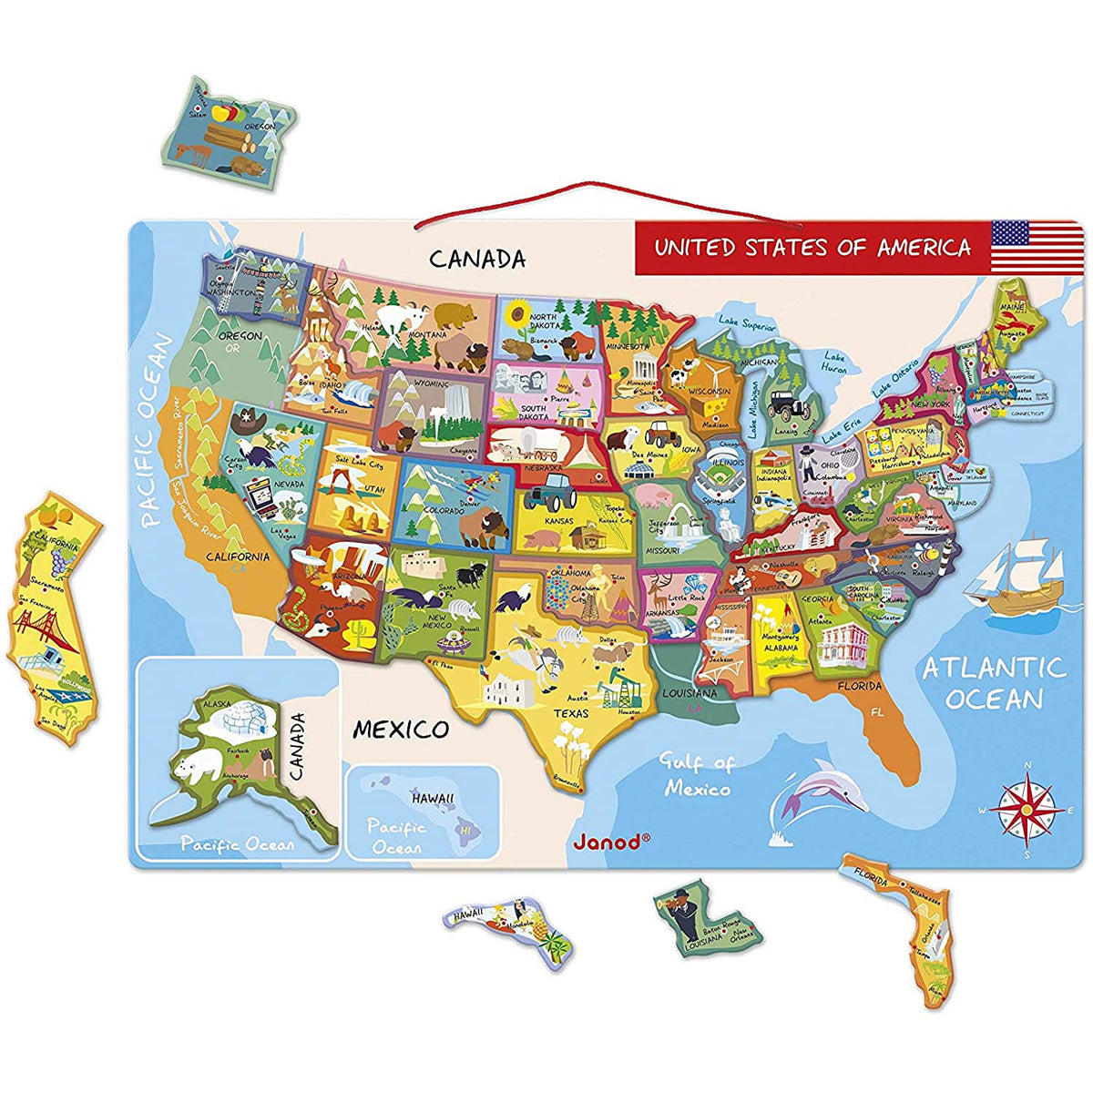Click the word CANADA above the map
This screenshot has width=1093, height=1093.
pos(477,259)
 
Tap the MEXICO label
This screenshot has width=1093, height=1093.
pos(401,729)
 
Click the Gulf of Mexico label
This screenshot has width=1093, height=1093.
pos(697,775)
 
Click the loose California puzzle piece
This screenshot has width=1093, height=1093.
pos(50,619)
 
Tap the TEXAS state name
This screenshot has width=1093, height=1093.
pos(572,713)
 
